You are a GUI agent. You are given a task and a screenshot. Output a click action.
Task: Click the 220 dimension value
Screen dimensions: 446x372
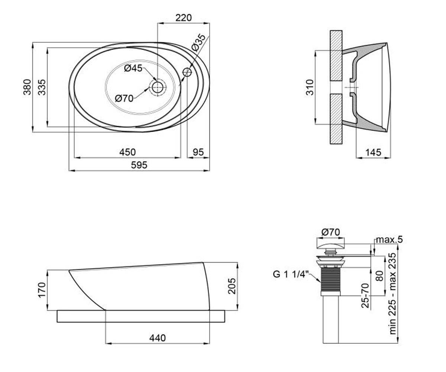(184, 18)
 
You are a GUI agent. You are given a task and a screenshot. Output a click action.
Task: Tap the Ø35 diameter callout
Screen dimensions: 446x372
(198, 42)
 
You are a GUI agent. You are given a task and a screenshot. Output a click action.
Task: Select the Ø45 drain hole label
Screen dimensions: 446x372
(133, 68)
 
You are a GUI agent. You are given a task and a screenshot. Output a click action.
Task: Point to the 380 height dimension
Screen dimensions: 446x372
(28, 87)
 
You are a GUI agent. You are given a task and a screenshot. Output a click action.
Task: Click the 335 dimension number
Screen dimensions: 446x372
(42, 87)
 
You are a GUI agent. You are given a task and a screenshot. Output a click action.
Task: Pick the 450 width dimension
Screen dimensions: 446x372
(127, 152)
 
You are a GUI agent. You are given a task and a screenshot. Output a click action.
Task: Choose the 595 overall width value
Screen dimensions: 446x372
(139, 165)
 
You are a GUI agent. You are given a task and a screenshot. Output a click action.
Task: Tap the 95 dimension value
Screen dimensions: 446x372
(198, 152)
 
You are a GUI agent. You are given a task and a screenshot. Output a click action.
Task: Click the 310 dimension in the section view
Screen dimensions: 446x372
(310, 87)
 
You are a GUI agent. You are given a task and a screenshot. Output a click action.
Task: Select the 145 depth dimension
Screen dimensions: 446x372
(373, 153)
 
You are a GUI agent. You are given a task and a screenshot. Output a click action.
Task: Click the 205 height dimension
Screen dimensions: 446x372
(232, 286)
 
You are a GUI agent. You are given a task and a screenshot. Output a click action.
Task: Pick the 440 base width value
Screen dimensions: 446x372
(158, 338)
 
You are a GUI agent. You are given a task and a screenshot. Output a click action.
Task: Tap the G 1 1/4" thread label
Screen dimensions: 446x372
(291, 274)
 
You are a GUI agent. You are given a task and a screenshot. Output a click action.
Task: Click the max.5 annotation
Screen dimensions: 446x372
(389, 240)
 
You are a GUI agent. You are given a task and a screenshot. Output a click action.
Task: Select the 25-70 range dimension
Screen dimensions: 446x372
(365, 295)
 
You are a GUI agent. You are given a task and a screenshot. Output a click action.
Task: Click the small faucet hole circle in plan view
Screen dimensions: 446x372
(187, 72)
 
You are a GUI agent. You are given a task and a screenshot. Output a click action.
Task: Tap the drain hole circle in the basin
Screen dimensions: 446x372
(158, 87)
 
